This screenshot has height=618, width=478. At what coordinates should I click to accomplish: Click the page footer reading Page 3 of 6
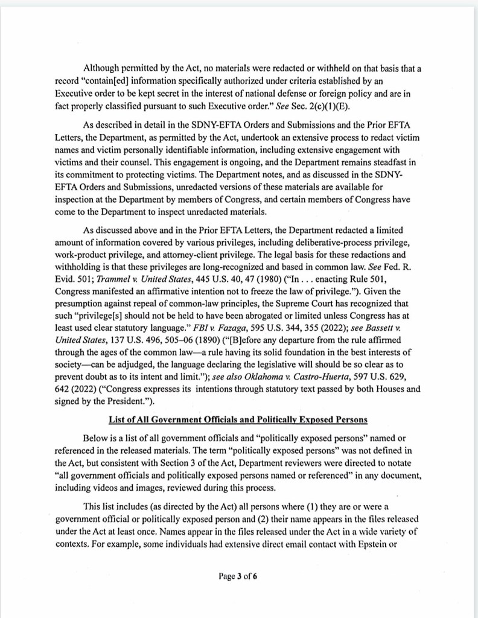238,576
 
